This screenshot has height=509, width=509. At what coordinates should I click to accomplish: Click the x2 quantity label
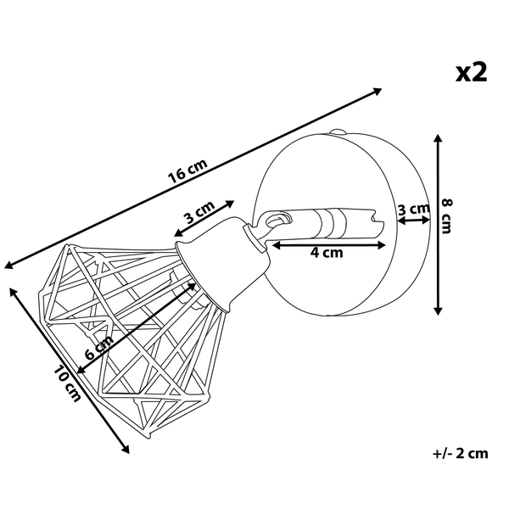(472, 72)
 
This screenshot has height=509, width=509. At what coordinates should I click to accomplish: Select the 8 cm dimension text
(449, 222)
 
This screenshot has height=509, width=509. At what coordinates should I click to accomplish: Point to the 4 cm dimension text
(327, 252)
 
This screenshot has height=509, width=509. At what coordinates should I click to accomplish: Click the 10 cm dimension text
(66, 383)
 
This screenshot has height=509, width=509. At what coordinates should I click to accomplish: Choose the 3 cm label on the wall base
(413, 209)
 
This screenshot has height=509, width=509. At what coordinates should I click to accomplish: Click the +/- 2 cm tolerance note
(460, 452)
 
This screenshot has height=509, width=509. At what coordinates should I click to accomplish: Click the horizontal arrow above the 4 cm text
(330, 244)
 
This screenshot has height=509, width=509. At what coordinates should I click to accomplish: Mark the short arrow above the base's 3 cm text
(413, 221)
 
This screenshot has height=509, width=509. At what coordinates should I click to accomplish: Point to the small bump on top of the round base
(338, 132)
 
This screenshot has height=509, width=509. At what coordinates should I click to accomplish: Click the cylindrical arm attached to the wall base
(339, 222)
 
